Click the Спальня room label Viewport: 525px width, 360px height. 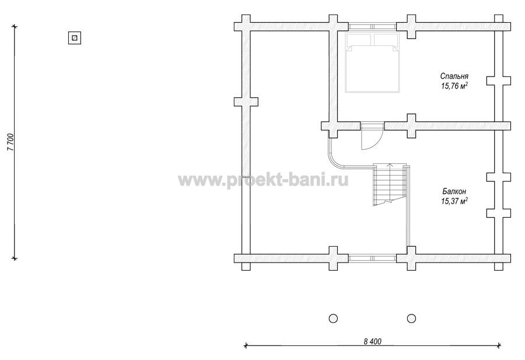point(454,76)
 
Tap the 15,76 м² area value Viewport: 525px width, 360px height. point(454,86)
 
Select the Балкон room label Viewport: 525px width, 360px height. point(454,191)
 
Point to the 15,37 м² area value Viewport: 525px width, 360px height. point(454,201)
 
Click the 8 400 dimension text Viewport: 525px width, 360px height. point(372,341)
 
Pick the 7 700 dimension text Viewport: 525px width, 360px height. point(11,142)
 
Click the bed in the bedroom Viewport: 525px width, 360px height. point(372,62)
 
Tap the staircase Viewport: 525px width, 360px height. point(390,184)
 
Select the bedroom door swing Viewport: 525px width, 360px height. point(372,137)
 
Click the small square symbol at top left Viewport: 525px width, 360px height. point(75,38)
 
